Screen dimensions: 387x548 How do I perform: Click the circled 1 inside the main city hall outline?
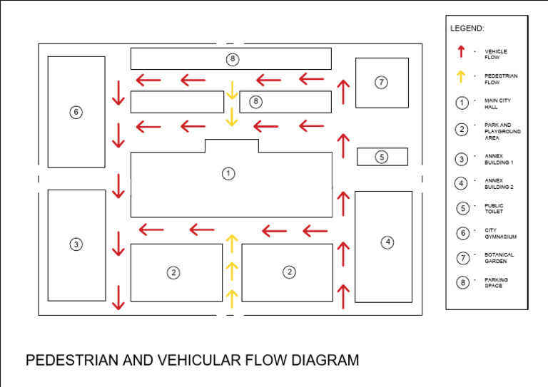coord(228,173)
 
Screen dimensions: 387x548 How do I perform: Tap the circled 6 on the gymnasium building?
coord(76,112)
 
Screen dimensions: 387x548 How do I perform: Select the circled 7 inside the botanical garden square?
coord(382,83)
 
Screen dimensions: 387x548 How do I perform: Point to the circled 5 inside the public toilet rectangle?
coord(382,157)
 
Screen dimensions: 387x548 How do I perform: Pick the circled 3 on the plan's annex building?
coord(76,244)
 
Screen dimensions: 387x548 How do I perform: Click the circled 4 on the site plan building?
coord(387,242)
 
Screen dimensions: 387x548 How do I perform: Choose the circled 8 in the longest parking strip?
coord(232,58)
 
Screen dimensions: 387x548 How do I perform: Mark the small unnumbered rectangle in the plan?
coord(177,102)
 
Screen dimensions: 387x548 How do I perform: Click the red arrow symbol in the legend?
coord(462,51)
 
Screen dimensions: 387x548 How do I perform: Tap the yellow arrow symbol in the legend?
coord(462,76)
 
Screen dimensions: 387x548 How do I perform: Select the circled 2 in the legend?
coord(462,129)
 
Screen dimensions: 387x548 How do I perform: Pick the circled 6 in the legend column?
coord(462,232)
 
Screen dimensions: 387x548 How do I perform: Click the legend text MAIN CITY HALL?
coord(497,104)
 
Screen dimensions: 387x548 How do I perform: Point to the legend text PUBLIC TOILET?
coord(494,208)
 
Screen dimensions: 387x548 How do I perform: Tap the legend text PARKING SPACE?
coord(497,283)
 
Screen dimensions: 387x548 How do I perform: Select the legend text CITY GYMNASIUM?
coord(500,233)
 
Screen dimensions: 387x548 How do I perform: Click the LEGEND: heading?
coord(467,29)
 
